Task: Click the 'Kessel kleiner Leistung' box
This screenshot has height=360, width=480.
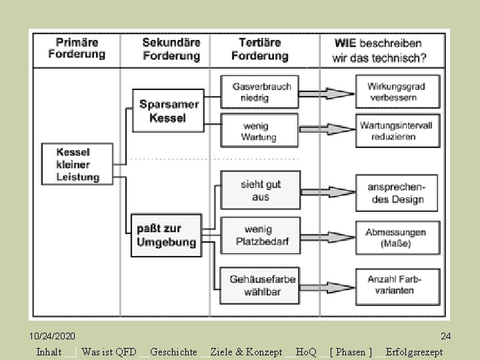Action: pos(78,164)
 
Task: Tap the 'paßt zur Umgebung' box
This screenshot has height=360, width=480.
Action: pos(167,235)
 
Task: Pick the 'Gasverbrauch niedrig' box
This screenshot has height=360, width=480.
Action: pos(261,92)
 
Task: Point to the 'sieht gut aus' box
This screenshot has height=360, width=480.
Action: pos(261,191)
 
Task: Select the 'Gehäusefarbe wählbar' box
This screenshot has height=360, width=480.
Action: pos(262,284)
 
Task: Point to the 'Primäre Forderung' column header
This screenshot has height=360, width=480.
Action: pos(77,49)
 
